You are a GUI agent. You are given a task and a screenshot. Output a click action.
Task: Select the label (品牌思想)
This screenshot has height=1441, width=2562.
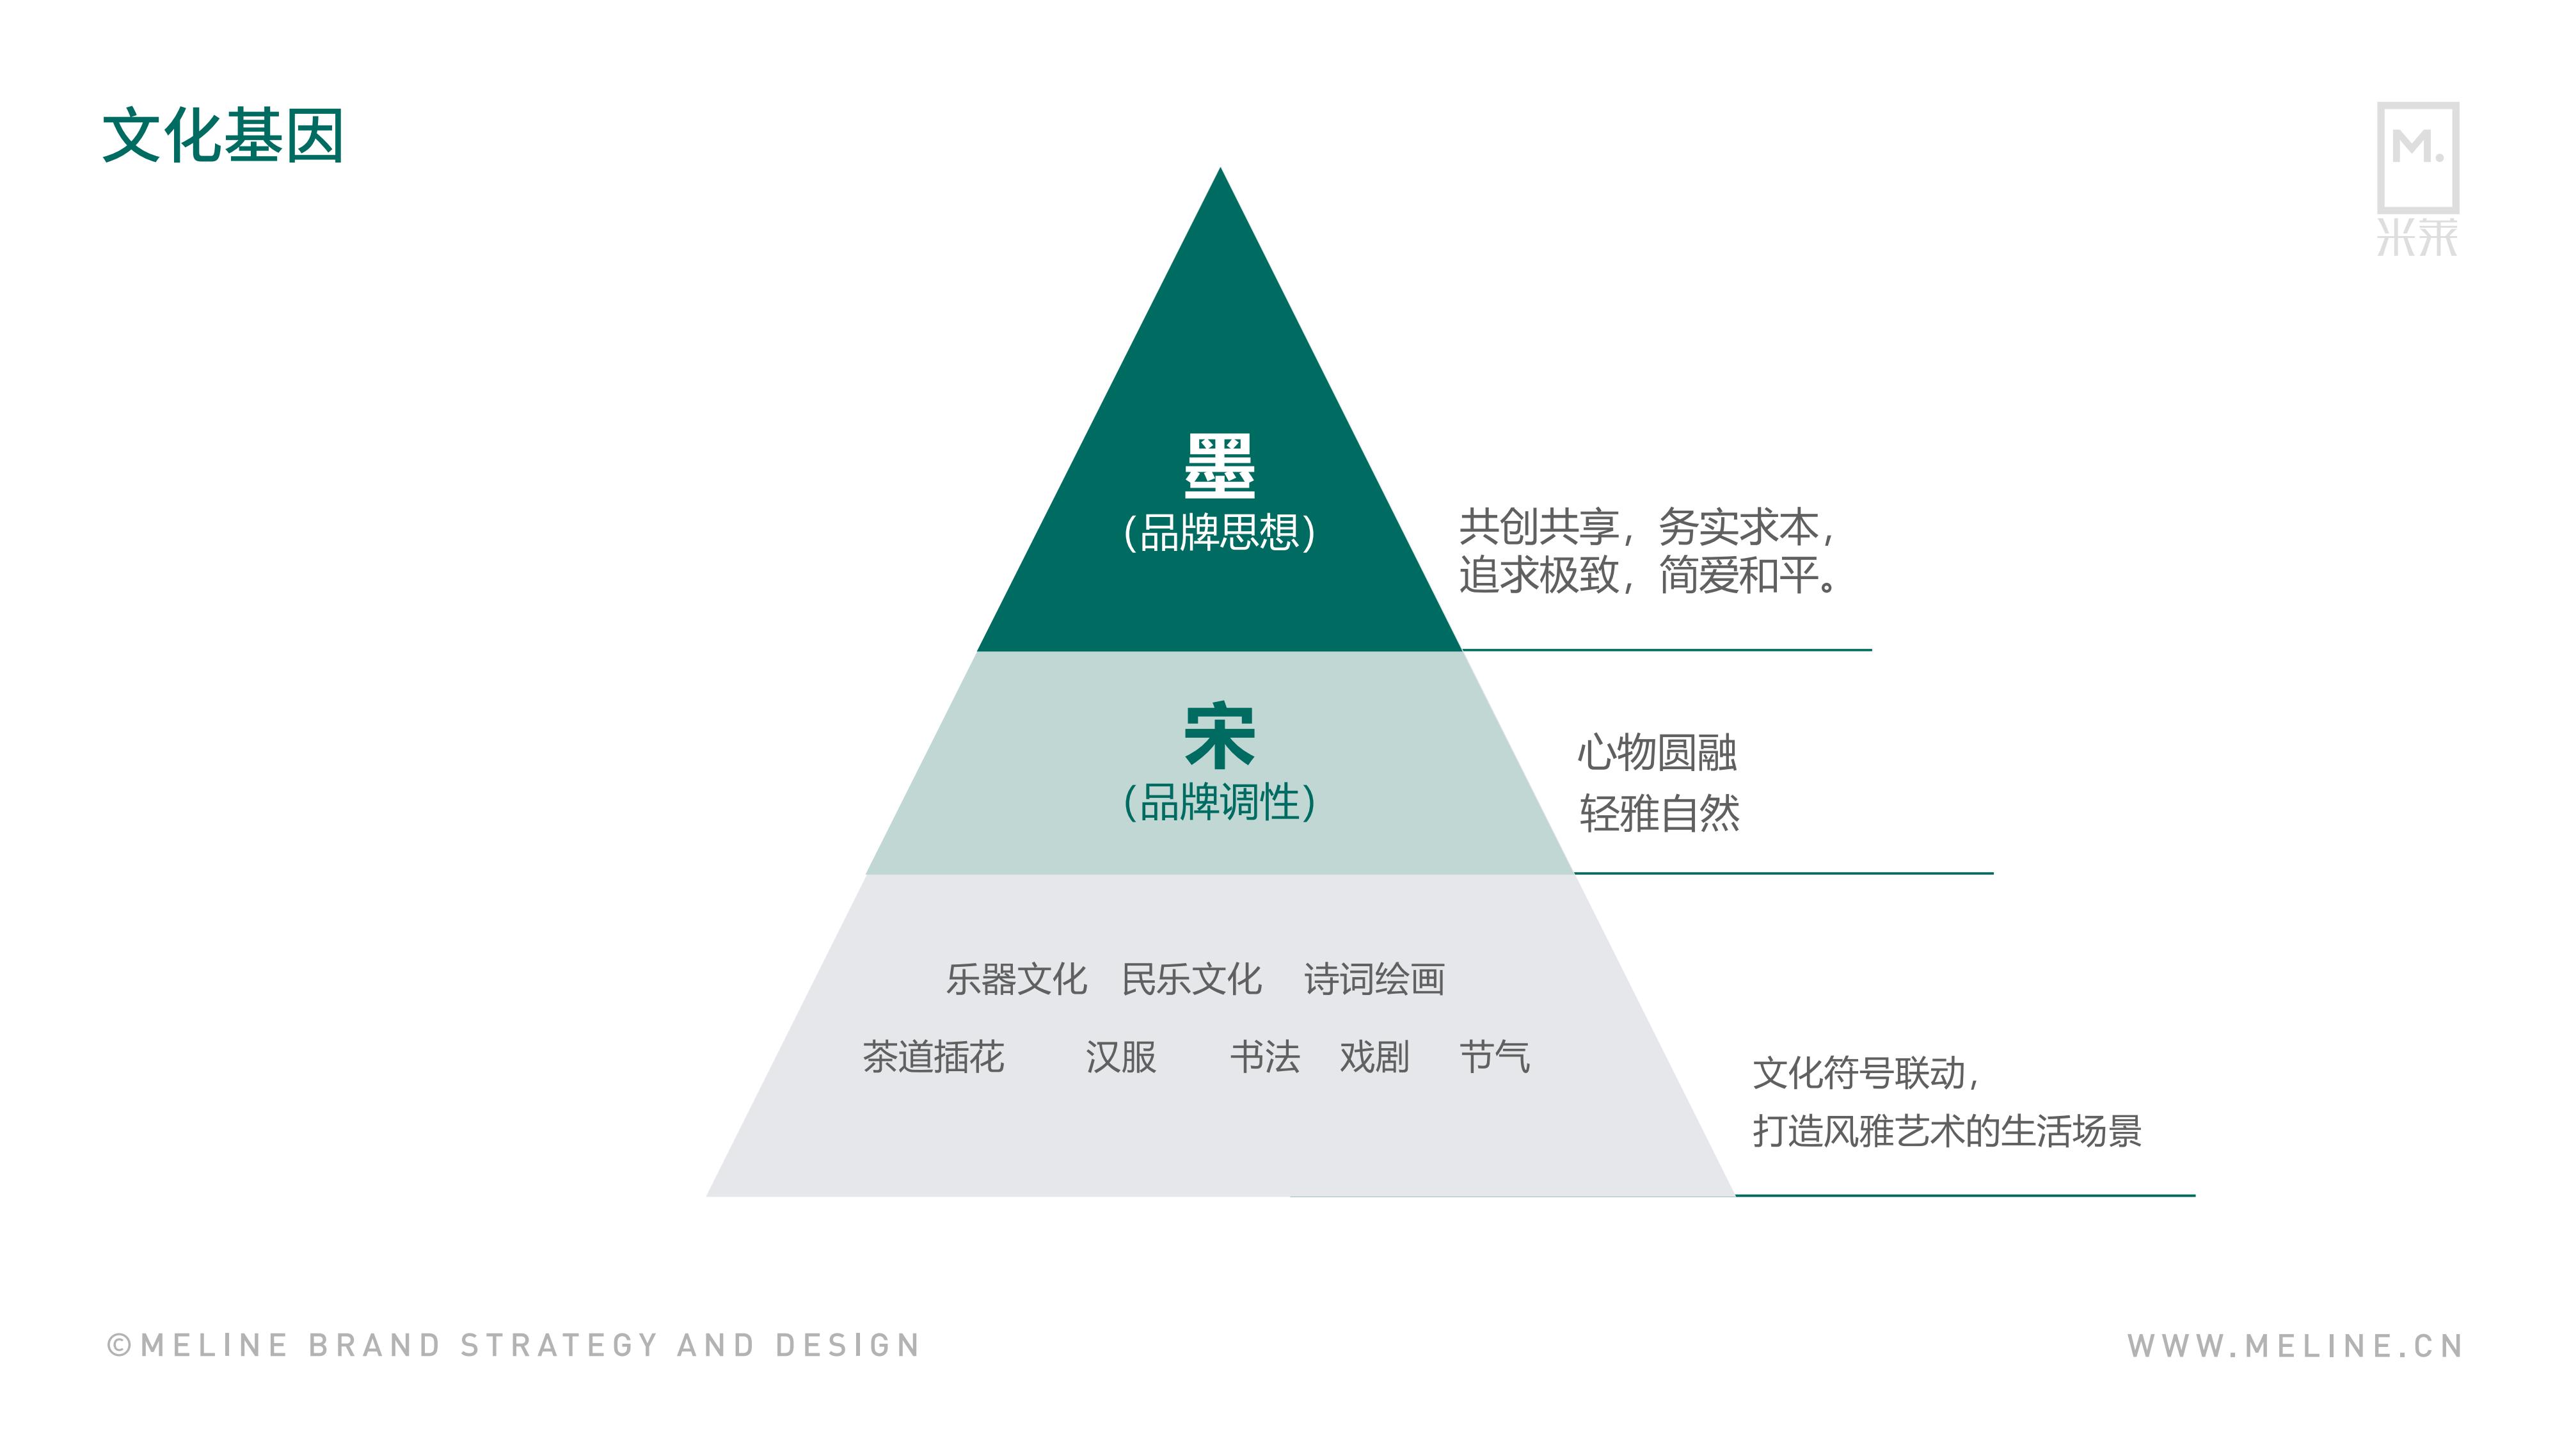click(x=1220, y=532)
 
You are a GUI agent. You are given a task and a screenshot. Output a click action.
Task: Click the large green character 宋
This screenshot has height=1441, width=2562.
click(x=1220, y=736)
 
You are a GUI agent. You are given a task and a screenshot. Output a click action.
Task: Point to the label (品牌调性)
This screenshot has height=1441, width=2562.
click(x=1220, y=802)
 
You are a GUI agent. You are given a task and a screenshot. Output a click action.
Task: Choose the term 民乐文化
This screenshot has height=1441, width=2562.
click(x=1191, y=980)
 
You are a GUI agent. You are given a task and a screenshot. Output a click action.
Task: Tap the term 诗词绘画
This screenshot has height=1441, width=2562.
click(x=1374, y=980)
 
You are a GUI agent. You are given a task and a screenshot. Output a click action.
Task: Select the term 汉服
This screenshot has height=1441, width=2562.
click(x=1121, y=1057)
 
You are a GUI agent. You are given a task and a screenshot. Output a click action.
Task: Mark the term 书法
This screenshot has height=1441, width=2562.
click(x=1265, y=1057)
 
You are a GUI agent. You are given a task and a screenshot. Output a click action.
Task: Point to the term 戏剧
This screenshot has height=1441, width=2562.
click(x=1374, y=1057)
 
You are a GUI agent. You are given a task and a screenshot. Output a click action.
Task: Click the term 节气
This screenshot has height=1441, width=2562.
click(x=1495, y=1057)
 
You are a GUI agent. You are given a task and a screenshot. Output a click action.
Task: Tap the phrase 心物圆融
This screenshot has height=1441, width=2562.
click(x=1658, y=753)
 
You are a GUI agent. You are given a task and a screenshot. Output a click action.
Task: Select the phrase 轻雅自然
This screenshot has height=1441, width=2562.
click(x=1660, y=813)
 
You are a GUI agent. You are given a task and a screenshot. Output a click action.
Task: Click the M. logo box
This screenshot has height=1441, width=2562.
click(x=2418, y=157)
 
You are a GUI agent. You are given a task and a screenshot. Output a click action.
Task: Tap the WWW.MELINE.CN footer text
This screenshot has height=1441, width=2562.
click(x=2295, y=1346)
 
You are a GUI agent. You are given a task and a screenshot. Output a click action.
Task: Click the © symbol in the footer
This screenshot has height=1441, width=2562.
click(x=120, y=1346)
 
